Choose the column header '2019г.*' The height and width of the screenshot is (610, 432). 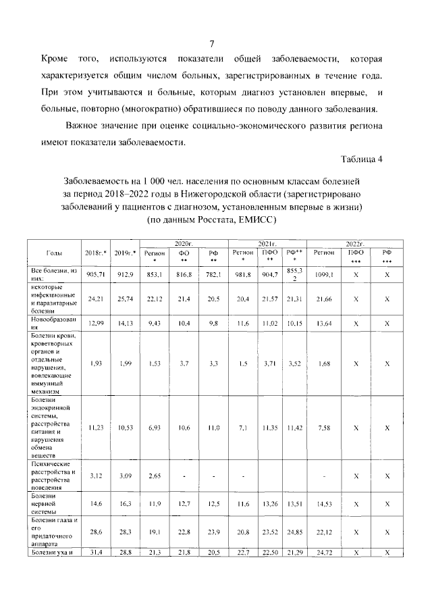125,253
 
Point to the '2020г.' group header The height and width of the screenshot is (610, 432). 184,242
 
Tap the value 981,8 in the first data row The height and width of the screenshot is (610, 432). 242,275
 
